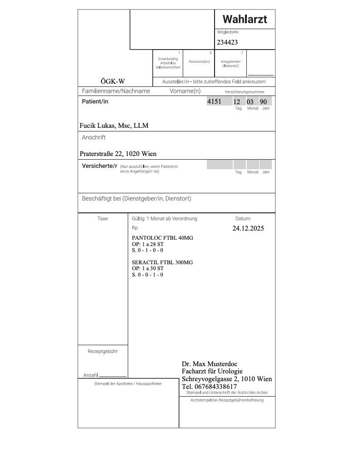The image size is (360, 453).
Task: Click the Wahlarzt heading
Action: tap(245, 19)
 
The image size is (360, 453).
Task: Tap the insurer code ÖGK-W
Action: tap(113, 81)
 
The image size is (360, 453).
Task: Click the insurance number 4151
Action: tap(214, 101)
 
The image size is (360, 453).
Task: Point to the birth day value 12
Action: tap(237, 102)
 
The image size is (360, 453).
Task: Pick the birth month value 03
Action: tap(250, 102)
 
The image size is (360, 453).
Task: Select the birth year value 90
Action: tap(263, 102)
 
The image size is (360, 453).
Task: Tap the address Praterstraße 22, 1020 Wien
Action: tap(118, 154)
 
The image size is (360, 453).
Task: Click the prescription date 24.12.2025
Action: tap(248, 228)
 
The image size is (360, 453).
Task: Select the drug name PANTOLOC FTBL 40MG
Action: tap(162, 238)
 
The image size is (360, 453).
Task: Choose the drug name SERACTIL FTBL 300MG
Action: tap(162, 262)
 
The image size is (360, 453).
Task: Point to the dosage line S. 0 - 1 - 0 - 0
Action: tap(147, 250)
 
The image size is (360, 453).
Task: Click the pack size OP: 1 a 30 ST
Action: tap(148, 268)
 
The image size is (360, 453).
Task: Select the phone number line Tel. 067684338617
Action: tap(209, 387)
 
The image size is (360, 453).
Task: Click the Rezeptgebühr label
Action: tap(103, 351)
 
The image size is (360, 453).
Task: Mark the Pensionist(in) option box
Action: tap(199, 63)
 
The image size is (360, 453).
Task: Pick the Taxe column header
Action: tap(103, 218)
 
